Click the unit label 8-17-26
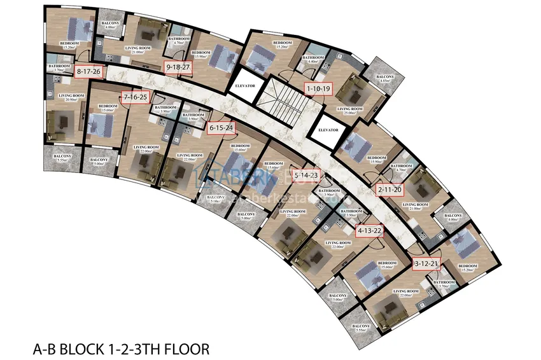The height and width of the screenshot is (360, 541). point(88,71)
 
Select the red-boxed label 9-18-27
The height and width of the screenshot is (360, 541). point(178,67)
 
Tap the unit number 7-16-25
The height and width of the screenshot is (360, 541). point(135,97)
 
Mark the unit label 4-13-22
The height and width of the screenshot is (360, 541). point(370,231)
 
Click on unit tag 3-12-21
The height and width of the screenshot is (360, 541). point(426,263)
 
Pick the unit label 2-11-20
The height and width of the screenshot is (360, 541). point(390,190)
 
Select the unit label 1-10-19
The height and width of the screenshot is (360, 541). point(318,88)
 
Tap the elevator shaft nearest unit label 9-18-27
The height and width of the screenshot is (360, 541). point(245,90)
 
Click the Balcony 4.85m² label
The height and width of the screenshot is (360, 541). point(384,78)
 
